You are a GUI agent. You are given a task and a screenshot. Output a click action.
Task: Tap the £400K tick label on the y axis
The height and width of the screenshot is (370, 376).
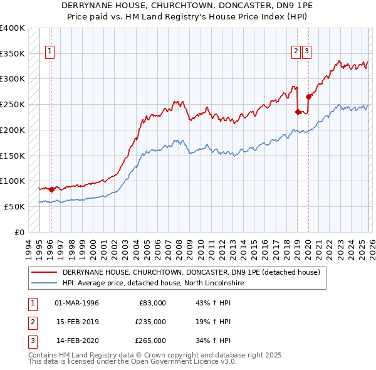13,28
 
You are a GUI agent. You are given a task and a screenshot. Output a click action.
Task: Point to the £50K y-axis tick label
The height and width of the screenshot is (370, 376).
14,206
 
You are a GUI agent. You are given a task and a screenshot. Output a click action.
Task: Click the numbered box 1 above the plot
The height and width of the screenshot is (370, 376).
50,53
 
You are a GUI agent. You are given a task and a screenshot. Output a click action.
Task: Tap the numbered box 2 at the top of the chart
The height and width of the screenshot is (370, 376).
296,53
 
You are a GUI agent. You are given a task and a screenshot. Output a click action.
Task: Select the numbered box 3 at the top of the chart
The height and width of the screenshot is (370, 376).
307,53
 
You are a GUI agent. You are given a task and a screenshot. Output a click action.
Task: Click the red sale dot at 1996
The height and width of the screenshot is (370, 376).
51,189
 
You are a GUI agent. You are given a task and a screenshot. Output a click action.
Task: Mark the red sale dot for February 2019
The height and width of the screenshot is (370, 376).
297,112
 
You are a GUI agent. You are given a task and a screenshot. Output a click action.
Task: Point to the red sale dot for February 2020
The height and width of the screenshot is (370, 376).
308,97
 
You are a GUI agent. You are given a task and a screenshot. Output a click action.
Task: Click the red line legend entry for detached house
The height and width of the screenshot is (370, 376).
191,273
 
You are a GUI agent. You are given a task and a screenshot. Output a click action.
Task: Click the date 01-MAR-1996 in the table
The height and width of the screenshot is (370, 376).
76,303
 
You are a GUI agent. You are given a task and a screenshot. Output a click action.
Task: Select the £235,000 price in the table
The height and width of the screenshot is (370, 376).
150,322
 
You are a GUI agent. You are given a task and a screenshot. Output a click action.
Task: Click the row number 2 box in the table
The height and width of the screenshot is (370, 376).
31,322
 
